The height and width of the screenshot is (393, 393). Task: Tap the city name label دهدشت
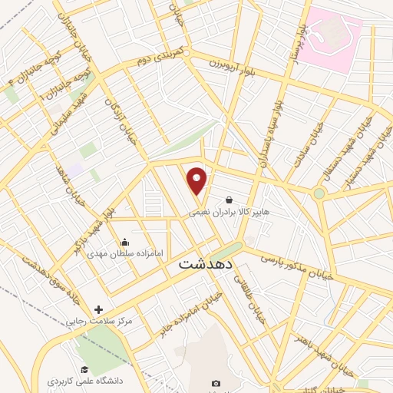(204, 263)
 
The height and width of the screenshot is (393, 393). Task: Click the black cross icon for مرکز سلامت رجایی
(98, 309)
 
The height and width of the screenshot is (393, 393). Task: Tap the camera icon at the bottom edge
(216, 383)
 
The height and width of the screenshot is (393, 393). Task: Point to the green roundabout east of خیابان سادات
(319, 193)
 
